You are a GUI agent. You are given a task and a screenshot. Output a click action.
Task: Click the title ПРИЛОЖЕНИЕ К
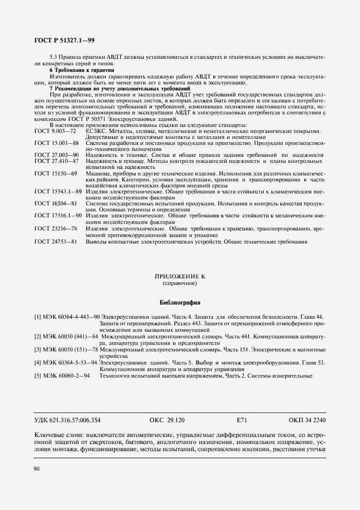pos(180,277)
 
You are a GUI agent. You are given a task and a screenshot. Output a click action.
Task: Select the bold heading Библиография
pos(180,302)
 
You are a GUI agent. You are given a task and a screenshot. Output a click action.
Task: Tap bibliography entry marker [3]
pos(38,349)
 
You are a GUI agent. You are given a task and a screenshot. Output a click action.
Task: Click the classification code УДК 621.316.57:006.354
pos(68,420)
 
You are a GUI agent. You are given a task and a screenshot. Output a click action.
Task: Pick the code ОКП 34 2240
pos(307,420)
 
